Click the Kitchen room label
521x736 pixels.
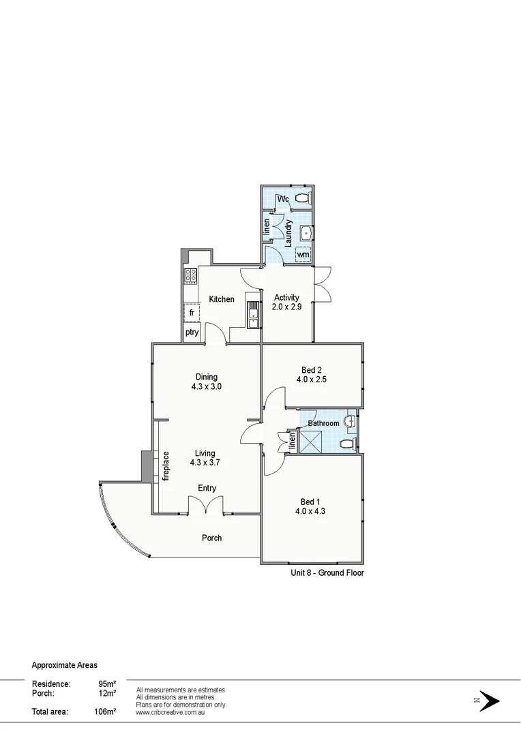pyautogui.click(x=222, y=299)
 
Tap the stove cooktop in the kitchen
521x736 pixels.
pyautogui.click(x=191, y=276)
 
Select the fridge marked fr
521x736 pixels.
pyautogui.click(x=192, y=313)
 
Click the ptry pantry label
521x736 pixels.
pyautogui.click(x=192, y=333)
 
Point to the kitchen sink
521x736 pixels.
pyautogui.click(x=254, y=315)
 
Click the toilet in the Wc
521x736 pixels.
pyautogui.click(x=304, y=198)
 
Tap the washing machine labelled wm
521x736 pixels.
pyautogui.click(x=303, y=254)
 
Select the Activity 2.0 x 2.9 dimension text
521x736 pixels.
pyautogui.click(x=287, y=307)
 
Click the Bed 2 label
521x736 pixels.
pyautogui.click(x=311, y=370)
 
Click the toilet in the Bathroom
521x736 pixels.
pyautogui.click(x=347, y=443)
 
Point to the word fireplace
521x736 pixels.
pyautogui.click(x=165, y=466)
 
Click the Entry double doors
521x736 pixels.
pyautogui.click(x=207, y=506)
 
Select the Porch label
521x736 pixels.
pyautogui.click(x=212, y=538)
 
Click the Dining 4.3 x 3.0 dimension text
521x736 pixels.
pyautogui.click(x=207, y=386)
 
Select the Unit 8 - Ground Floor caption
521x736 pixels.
pyautogui.click(x=327, y=573)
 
